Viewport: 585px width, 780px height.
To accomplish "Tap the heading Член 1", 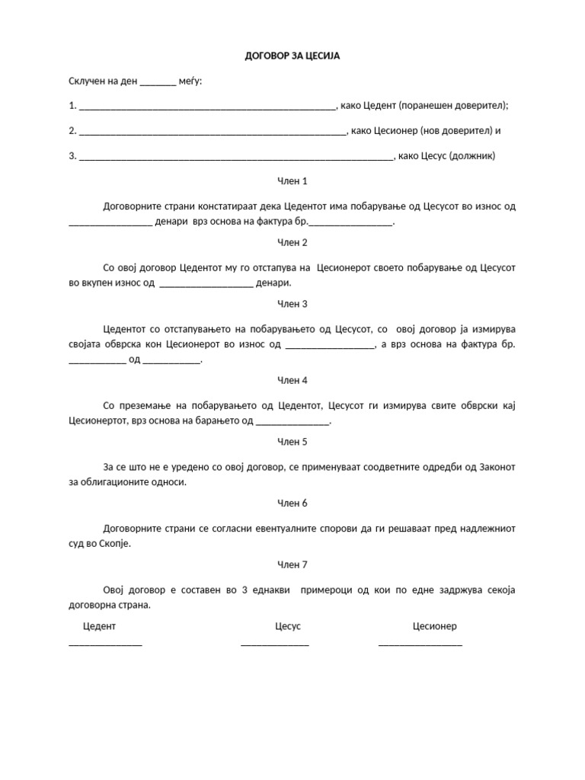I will pyautogui.click(x=292, y=181).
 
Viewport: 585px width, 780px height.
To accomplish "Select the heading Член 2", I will pyautogui.click(x=292, y=242).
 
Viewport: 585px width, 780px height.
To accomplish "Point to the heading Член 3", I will pyautogui.click(x=292, y=304).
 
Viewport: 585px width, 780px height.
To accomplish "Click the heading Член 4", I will pyautogui.click(x=292, y=380).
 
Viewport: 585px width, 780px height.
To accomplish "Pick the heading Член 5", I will pyautogui.click(x=292, y=442).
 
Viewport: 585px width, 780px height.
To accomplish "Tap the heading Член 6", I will pyautogui.click(x=292, y=503).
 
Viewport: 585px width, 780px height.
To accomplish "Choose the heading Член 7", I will pyautogui.click(x=292, y=564).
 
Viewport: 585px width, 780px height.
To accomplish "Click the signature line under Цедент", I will pyautogui.click(x=105, y=644).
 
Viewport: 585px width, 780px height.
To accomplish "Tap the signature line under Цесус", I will pyautogui.click(x=275, y=644).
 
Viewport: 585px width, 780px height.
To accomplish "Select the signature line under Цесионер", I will pyautogui.click(x=420, y=644).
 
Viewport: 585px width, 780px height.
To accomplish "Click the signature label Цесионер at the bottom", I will pyautogui.click(x=435, y=626).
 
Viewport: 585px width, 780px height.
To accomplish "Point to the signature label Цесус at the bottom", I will pyautogui.click(x=288, y=626).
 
